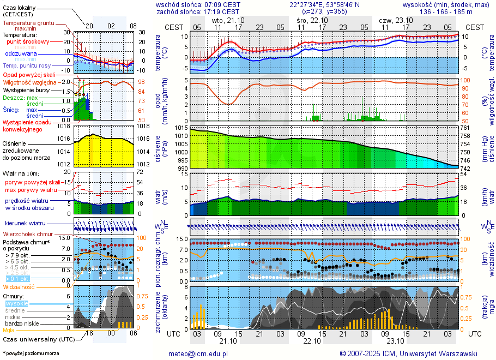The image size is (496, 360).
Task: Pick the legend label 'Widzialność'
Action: (19, 286)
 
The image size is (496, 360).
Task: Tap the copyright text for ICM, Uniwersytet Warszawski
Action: (408, 353)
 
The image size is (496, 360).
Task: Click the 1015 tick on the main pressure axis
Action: (182, 128)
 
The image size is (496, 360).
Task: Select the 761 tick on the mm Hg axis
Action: (465, 128)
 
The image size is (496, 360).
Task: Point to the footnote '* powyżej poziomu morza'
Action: (31, 353)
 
